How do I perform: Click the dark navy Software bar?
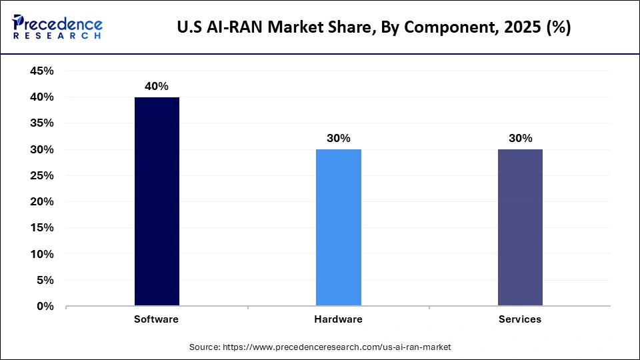pyautogui.click(x=157, y=201)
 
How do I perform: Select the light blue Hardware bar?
pyautogui.click(x=338, y=227)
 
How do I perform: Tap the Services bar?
pyautogui.click(x=520, y=227)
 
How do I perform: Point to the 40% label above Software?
pyautogui.click(x=157, y=86)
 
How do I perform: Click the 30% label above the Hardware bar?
pyautogui.click(x=338, y=139)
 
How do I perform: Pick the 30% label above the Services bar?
pyautogui.click(x=520, y=139)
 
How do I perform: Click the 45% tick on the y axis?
pyautogui.click(x=41, y=71)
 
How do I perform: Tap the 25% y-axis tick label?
pyautogui.click(x=41, y=176)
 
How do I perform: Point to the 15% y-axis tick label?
pyautogui.click(x=41, y=228)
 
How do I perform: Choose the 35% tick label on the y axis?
pyautogui.click(x=41, y=123)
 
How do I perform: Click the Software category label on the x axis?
pyautogui.click(x=156, y=319)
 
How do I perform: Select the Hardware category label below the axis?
pyautogui.click(x=338, y=319)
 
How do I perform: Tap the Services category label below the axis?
pyautogui.click(x=520, y=319)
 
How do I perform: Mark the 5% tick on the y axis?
pyautogui.click(x=44, y=281)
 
